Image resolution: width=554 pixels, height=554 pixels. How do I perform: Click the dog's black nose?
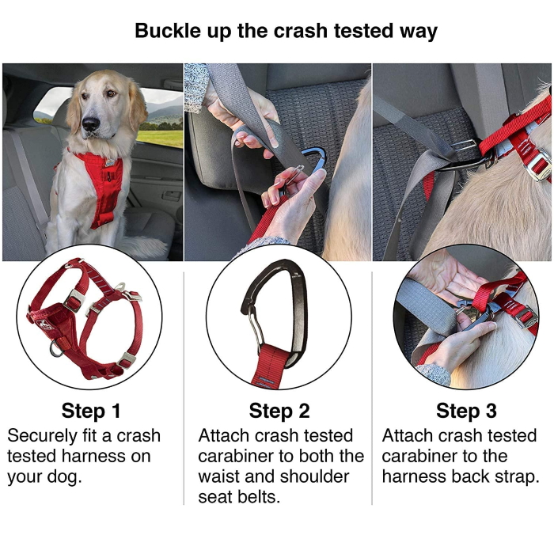click(91, 124)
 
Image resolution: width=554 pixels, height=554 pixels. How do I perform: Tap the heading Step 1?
click(91, 411)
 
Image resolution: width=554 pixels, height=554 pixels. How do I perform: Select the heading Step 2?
click(279, 411)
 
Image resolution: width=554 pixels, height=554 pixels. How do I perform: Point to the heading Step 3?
click(466, 411)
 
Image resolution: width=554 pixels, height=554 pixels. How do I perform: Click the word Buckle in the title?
click(168, 31)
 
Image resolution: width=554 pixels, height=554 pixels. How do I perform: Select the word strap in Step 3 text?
click(517, 476)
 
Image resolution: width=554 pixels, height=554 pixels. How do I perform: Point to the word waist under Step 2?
click(218, 476)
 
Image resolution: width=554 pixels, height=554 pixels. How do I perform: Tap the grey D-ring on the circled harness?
click(56, 349)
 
